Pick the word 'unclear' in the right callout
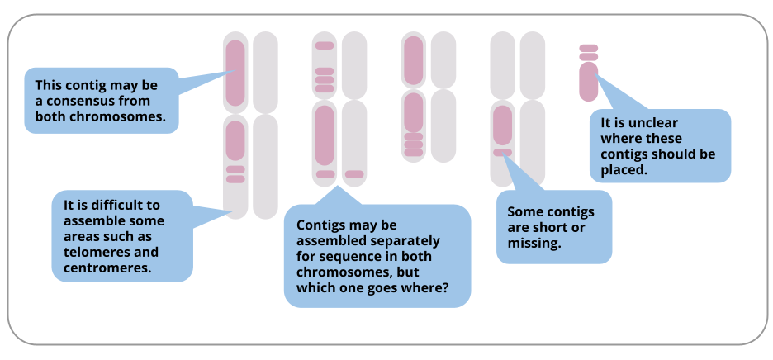point(652,123)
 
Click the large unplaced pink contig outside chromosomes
point(589,82)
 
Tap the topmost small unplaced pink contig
point(589,49)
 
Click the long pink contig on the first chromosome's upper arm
point(235,73)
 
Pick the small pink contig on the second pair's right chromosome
point(354,174)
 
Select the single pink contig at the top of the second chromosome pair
point(325,46)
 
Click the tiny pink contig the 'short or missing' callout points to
point(502,153)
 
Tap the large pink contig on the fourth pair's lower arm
point(502,126)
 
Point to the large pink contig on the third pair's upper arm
point(414,60)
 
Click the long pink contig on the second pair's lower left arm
point(325,135)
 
